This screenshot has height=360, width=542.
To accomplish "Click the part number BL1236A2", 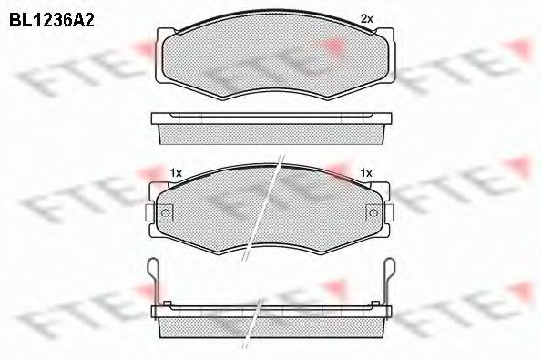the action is (x=52, y=21).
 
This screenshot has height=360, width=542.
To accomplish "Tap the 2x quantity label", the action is (x=367, y=19).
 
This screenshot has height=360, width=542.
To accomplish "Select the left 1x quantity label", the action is (x=176, y=173).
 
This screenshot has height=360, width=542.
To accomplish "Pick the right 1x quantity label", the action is (x=366, y=172).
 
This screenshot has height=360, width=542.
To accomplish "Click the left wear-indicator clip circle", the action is (x=166, y=212).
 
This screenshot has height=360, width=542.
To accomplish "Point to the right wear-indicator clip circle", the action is (x=373, y=212).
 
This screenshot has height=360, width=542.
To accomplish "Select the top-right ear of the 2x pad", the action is (x=385, y=35).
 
